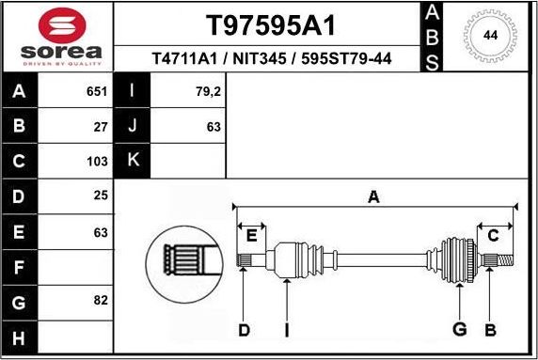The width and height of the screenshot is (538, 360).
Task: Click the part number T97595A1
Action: pos(271,24)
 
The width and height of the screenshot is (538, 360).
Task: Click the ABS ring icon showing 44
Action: pos(490,36)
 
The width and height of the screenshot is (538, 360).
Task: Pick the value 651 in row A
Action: pos(96,92)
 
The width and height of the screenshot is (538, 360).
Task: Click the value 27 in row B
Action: pos(101,126)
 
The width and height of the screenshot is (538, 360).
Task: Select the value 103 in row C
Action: pos(97,161)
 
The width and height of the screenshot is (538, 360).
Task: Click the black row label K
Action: pos(133,161)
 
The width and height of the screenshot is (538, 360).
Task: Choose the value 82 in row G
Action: pos(101,301)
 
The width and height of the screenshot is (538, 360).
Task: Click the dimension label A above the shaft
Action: pos(373,196)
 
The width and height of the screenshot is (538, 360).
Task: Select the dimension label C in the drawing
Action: pos(493,235)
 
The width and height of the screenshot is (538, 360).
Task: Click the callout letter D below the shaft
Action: pos(244,330)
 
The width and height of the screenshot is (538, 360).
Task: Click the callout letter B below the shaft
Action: pos(489,330)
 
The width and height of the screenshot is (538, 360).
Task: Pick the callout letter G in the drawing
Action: pos(459,330)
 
